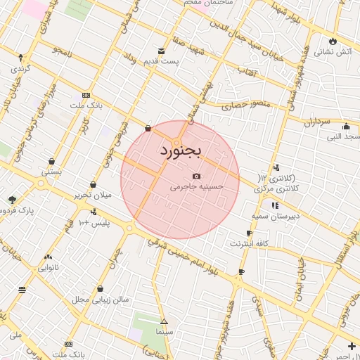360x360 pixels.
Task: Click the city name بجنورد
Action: point(181,150)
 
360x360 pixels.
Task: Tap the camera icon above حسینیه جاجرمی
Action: point(196,176)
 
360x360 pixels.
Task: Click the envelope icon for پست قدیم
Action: point(162,51)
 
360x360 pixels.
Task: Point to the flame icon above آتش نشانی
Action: point(333,41)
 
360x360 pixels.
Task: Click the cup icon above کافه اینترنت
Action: point(249,233)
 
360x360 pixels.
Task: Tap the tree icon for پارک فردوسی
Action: point(11,200)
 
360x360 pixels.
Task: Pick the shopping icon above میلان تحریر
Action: point(93,184)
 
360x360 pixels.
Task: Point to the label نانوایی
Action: point(48,267)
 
